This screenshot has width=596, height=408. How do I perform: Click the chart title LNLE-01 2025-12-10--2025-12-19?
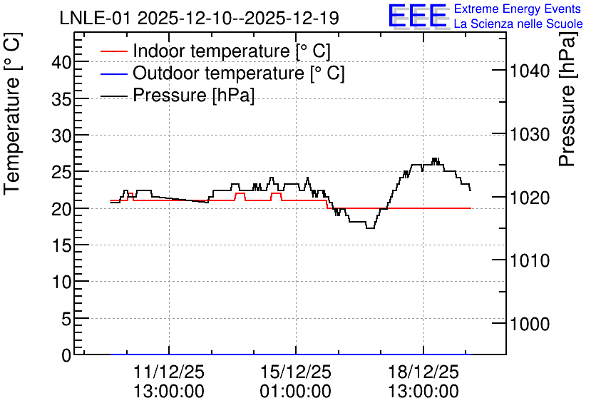tap(199, 18)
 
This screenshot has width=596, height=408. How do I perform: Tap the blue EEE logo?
tap(418, 16)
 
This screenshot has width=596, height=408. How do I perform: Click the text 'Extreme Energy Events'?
tap(518, 9)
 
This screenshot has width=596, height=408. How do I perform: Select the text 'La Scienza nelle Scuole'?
tap(518, 24)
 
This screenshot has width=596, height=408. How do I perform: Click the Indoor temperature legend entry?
tap(215, 51)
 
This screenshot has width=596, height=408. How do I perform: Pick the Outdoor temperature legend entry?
tap(222, 73)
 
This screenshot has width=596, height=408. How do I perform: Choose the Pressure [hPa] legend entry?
tap(177, 95)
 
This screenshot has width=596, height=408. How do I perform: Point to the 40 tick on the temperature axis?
tap(61, 61)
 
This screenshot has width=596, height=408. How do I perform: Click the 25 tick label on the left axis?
tap(61, 172)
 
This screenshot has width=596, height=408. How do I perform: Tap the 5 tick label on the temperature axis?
tap(66, 319)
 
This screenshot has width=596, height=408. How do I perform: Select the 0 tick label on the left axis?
tap(66, 355)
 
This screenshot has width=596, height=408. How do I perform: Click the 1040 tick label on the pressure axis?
tap(530, 71)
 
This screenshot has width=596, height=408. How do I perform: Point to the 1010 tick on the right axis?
tap(530, 260)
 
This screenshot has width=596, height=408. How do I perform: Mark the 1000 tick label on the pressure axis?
tap(530, 324)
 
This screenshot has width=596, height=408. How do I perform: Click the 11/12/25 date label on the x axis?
tap(169, 372)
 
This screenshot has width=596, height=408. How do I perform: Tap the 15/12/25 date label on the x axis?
tap(296, 372)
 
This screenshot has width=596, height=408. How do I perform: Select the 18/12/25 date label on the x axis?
tap(423, 372)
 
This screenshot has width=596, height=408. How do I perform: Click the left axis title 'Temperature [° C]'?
tap(13, 113)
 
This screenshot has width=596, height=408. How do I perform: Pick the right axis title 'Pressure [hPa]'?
tap(567, 99)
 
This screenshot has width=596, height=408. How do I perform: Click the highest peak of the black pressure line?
tap(435, 158)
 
